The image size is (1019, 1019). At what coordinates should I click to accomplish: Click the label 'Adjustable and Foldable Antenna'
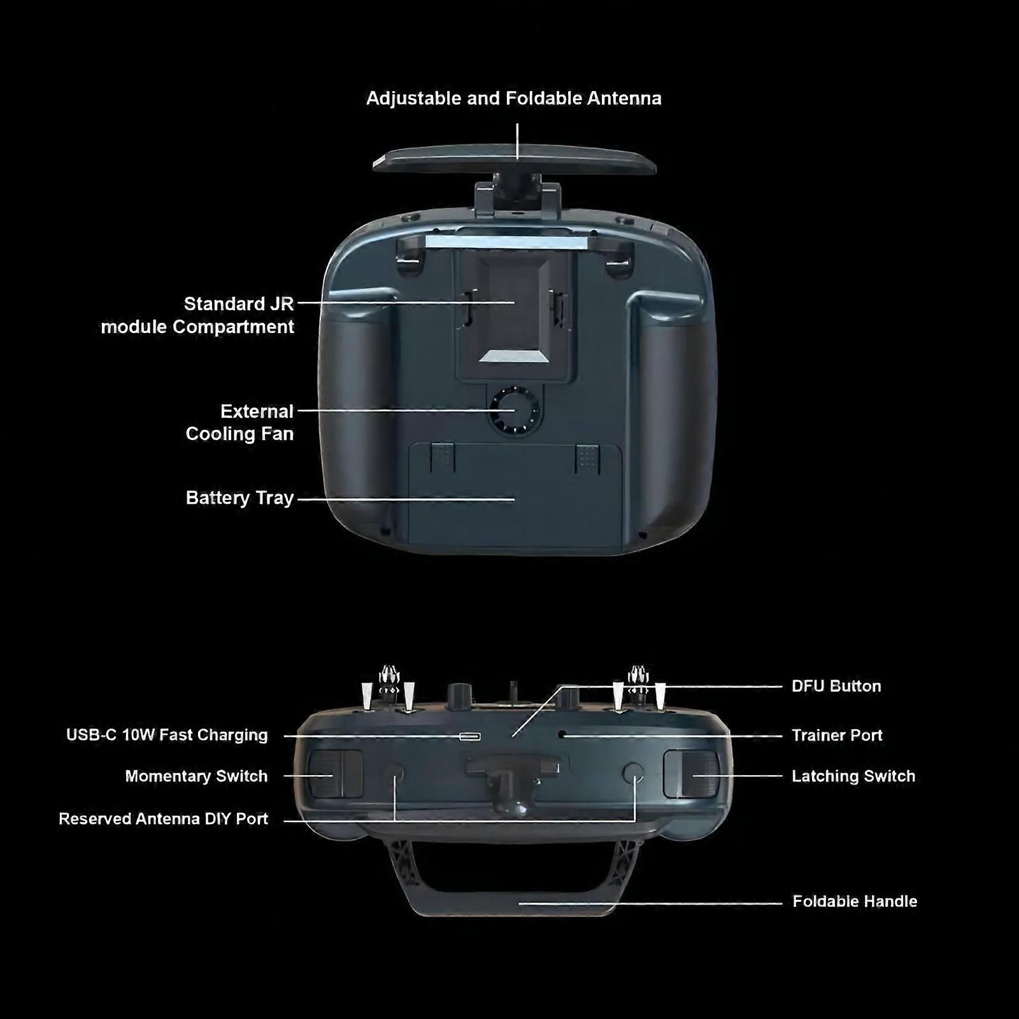(x=514, y=99)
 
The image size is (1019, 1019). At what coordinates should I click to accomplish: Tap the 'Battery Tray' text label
(x=239, y=498)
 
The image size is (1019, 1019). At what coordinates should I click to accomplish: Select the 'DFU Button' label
(x=836, y=687)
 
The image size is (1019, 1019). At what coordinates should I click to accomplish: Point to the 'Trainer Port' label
(x=837, y=736)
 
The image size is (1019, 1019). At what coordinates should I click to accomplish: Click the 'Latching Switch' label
(x=853, y=776)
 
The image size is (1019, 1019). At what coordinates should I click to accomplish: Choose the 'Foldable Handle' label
(x=855, y=902)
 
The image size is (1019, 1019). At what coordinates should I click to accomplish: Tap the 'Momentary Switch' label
(x=196, y=776)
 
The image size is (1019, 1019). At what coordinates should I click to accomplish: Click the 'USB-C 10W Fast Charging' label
(x=167, y=736)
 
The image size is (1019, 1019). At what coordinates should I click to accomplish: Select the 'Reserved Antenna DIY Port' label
(x=163, y=819)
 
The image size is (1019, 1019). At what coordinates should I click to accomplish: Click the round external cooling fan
(x=515, y=411)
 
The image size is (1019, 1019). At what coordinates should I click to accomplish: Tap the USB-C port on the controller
(x=470, y=737)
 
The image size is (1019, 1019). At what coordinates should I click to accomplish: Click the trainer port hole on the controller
(x=562, y=734)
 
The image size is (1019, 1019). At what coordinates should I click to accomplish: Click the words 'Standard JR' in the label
(x=239, y=304)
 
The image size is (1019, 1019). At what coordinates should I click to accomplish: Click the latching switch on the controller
(x=692, y=774)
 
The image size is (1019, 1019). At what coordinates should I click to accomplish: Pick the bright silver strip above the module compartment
(x=506, y=241)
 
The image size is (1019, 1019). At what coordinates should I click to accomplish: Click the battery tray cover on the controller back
(x=515, y=497)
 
